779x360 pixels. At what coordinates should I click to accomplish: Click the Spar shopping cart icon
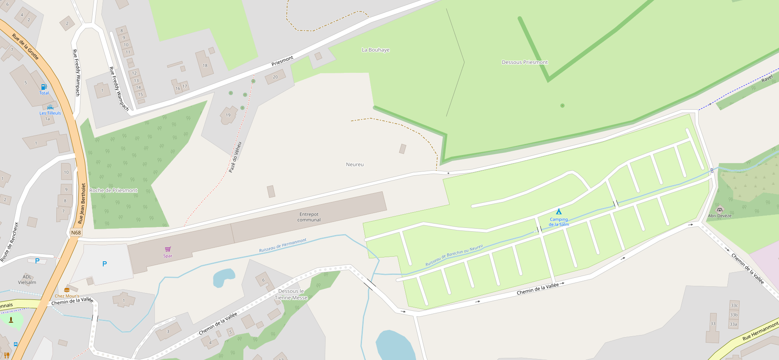click(168, 249)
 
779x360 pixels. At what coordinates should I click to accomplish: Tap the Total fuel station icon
click(44, 87)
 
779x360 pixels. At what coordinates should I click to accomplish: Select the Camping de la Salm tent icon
click(559, 211)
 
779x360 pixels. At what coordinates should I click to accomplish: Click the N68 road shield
click(76, 233)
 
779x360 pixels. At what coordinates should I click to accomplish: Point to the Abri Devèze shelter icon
click(719, 209)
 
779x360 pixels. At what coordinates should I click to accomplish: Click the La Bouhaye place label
click(376, 50)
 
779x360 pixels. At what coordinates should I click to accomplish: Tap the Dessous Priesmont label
click(525, 62)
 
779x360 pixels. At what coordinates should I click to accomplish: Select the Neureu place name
click(355, 165)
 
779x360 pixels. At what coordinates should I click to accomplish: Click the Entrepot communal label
click(309, 217)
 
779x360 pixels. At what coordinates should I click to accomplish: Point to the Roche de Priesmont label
click(113, 191)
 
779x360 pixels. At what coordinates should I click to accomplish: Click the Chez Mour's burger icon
click(66, 290)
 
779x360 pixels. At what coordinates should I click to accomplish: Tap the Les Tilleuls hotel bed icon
click(50, 107)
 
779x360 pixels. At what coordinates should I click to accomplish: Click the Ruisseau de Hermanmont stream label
click(283, 246)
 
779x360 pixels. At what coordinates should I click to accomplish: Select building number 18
click(205, 66)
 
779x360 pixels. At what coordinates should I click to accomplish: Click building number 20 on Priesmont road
click(275, 77)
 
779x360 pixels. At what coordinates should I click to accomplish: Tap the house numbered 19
click(228, 115)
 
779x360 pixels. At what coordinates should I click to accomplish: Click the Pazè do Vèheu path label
click(235, 157)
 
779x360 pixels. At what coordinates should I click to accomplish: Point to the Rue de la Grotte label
click(25, 47)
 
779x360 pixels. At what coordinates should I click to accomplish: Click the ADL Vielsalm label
click(27, 280)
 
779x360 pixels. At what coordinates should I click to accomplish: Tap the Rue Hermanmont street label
click(760, 332)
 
